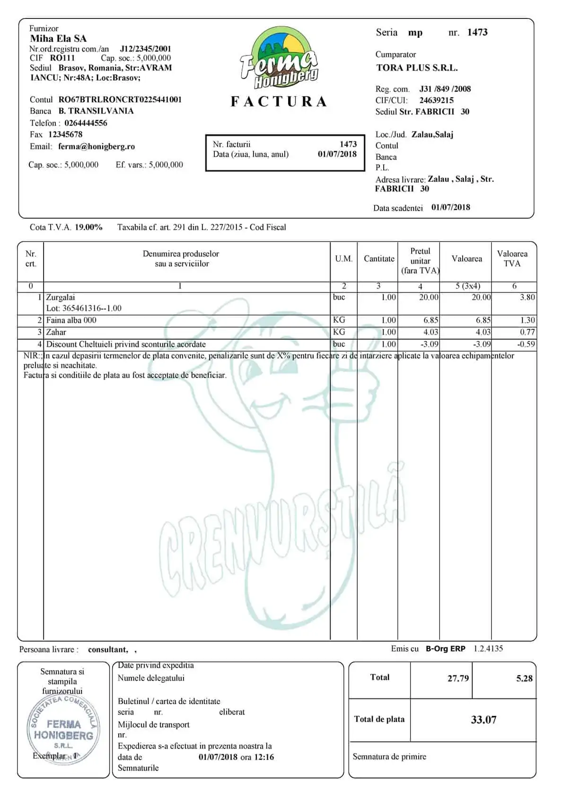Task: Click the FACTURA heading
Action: (279, 102)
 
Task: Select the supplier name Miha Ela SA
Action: (58, 39)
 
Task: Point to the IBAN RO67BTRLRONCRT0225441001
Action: (120, 100)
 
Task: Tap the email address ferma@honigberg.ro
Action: (97, 147)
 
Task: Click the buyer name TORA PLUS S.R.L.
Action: (417, 68)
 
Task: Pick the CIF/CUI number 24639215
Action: (436, 100)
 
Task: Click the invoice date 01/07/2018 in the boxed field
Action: (337, 154)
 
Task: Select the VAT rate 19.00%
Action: (88, 227)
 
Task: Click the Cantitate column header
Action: (379, 259)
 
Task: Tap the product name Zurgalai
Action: (61, 298)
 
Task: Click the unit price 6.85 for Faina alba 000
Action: (431, 320)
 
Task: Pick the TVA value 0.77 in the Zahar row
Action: (527, 332)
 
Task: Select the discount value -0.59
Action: (526, 344)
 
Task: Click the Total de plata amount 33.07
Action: (484, 720)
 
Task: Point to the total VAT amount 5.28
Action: (524, 679)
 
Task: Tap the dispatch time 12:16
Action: (264, 757)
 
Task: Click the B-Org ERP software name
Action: (445, 649)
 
